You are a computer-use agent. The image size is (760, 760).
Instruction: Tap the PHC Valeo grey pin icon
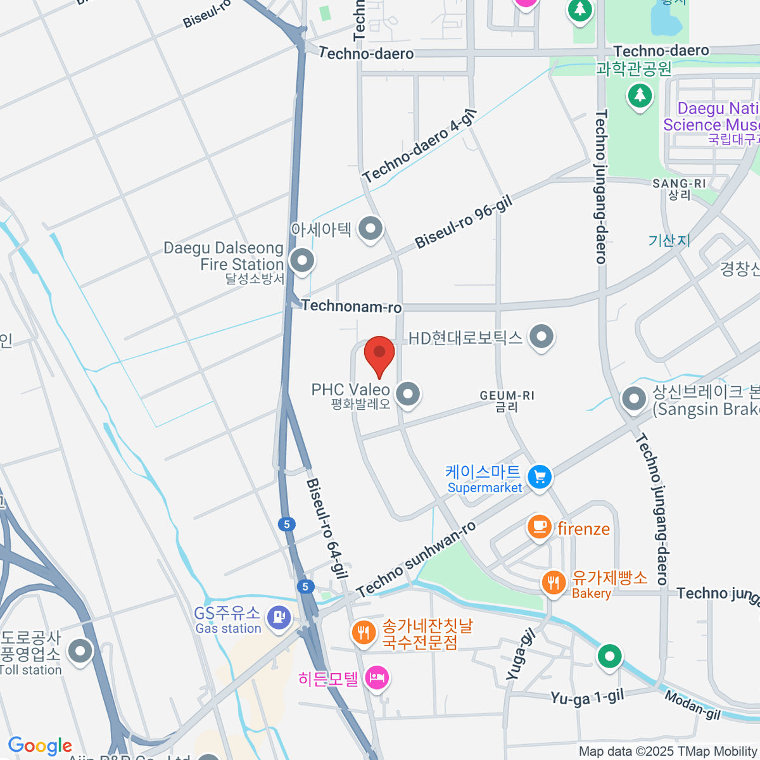(x=408, y=395)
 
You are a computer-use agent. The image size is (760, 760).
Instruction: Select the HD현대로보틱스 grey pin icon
(x=541, y=337)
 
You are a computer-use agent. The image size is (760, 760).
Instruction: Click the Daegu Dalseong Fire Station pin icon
(x=302, y=260)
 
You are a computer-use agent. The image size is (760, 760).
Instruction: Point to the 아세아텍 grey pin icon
(x=370, y=228)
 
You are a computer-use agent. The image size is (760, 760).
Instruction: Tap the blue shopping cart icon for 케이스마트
(x=540, y=478)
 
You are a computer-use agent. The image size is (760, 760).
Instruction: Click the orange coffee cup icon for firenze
(x=539, y=526)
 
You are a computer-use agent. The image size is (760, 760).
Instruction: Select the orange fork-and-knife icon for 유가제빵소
(x=554, y=582)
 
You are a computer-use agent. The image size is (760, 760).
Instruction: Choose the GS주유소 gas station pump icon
(x=278, y=617)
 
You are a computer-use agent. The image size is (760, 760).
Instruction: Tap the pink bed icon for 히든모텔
(x=377, y=678)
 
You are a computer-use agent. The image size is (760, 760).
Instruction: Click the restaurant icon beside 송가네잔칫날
(x=364, y=632)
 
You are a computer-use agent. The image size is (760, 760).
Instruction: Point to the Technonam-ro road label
(x=351, y=307)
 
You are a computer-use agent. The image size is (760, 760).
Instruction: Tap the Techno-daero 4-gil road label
(x=419, y=147)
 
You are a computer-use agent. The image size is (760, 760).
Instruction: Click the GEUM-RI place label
(x=507, y=396)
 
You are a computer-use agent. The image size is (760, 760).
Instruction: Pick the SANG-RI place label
(x=679, y=184)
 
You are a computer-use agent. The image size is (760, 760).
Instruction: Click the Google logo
(x=40, y=746)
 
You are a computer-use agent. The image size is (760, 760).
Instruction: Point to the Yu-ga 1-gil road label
(x=587, y=698)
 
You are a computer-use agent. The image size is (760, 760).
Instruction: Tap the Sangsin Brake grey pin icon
(x=634, y=400)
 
